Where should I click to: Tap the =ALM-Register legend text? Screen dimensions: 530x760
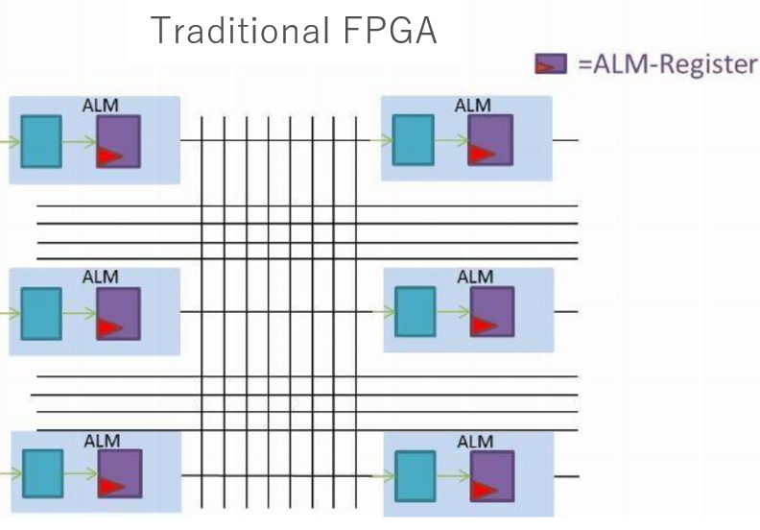pyautogui.click(x=666, y=66)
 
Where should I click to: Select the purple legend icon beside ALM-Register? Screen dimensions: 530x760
pyautogui.click(x=546, y=66)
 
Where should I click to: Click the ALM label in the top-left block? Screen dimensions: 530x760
pyautogui.click(x=100, y=106)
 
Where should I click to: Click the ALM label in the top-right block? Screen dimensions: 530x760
pyautogui.click(x=472, y=106)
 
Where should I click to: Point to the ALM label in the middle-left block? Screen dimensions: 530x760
pyautogui.click(x=100, y=277)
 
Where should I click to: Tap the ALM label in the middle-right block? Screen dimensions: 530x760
pyautogui.click(x=474, y=277)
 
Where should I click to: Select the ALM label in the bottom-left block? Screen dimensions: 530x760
pyautogui.click(x=102, y=441)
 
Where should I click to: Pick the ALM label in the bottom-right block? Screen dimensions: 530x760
pyautogui.click(x=474, y=441)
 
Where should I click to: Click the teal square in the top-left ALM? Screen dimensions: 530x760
pyautogui.click(x=40, y=141)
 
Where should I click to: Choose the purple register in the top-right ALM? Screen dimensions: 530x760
pyautogui.click(x=489, y=140)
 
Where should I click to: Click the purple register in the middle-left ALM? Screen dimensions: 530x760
pyautogui.click(x=118, y=313)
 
